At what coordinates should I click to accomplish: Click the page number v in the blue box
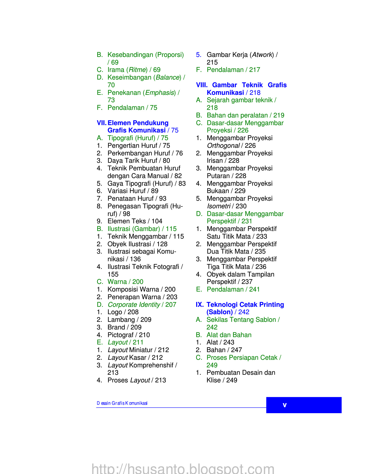(x=285, y=405)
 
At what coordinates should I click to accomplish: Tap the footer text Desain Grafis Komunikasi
(x=122, y=403)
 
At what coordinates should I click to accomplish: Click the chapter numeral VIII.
(x=202, y=85)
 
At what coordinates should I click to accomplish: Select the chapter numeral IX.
(x=200, y=305)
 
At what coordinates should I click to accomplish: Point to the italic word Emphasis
(x=160, y=93)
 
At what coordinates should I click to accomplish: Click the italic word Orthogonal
(x=223, y=146)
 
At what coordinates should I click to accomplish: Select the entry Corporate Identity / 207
(x=142, y=305)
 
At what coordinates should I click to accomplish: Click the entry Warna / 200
(x=125, y=282)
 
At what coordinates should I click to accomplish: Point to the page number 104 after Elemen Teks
(x=157, y=221)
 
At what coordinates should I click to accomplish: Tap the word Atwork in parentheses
(x=262, y=55)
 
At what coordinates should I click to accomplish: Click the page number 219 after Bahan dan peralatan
(x=279, y=115)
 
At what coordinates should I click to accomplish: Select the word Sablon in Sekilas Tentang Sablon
(x=265, y=320)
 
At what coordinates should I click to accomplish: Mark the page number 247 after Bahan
(x=236, y=350)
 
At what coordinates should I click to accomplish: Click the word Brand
(x=116, y=327)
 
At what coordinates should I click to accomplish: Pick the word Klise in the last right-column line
(x=214, y=380)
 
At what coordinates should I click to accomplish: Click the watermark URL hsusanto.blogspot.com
(x=183, y=469)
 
